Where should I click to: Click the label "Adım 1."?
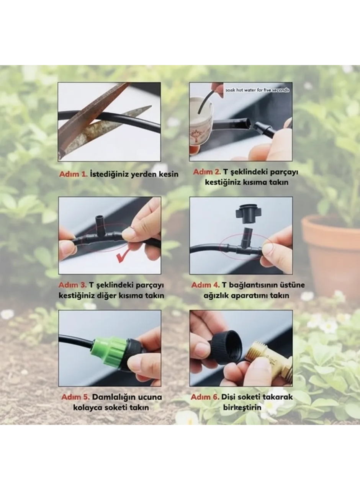click(x=73, y=174)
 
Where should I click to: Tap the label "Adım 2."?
click(x=207, y=172)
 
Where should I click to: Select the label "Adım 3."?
click(x=72, y=285)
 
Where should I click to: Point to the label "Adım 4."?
click(x=205, y=285)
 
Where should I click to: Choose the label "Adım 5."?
click(x=75, y=397)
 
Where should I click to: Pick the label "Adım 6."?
click(x=205, y=397)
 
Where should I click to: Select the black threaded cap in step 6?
click(x=226, y=346)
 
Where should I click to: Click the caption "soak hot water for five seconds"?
click(x=257, y=90)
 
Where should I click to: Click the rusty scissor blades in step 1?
click(x=96, y=119)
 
